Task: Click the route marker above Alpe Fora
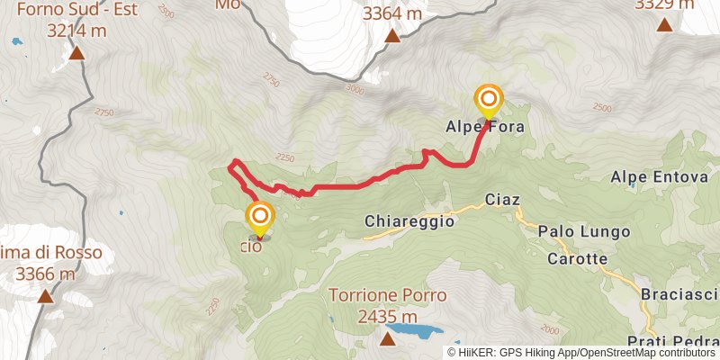[x=489, y=100]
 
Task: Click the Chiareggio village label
[x=409, y=220]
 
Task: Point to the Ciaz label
[x=502, y=199]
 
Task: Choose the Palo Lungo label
[x=583, y=231]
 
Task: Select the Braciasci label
[x=680, y=294]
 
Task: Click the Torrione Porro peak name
[x=387, y=295]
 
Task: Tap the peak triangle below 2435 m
[x=387, y=338]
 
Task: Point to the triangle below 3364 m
[x=392, y=36]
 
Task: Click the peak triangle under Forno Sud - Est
[x=77, y=54]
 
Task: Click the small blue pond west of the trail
[x=121, y=214]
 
